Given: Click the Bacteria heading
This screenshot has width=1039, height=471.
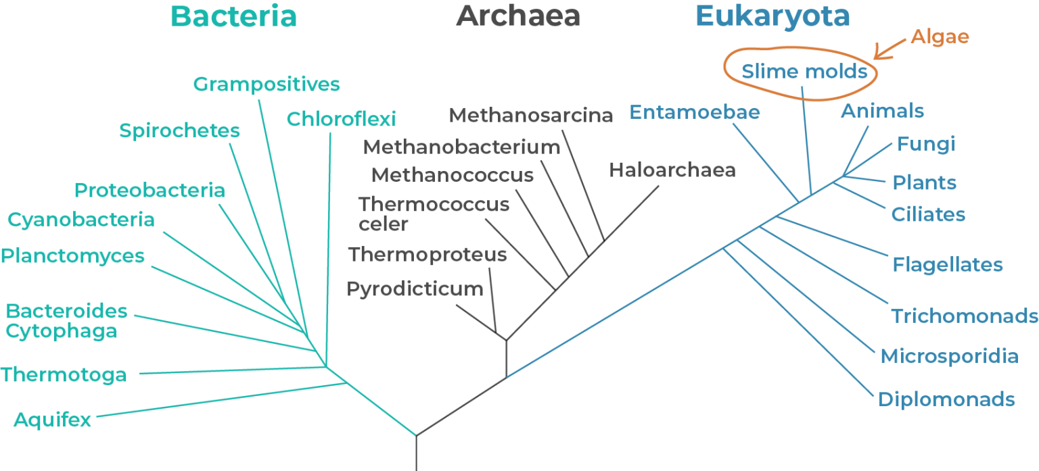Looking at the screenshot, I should point(233,17).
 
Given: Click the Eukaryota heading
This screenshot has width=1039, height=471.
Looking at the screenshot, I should point(772,17).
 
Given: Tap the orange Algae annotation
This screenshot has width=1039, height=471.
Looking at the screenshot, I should point(940,36).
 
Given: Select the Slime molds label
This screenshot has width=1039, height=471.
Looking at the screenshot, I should point(804,72).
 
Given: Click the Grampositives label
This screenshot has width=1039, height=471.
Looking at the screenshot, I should point(266,84).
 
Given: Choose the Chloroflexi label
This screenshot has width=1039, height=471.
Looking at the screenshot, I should point(341,120).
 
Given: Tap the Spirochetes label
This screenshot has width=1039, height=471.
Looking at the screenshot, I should point(179,130).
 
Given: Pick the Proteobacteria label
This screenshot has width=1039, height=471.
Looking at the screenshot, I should point(149,191).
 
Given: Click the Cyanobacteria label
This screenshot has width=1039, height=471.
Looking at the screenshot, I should point(81,220).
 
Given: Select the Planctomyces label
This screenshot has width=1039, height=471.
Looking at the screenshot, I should point(73,256).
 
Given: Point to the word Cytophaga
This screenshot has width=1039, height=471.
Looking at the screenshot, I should point(62,331).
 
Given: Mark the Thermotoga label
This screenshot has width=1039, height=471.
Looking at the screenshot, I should point(64,375).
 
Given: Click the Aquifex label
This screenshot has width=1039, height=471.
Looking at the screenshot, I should point(52,420).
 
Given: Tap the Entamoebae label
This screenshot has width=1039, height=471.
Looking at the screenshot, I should point(695,112).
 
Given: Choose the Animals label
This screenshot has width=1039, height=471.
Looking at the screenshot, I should point(882,111).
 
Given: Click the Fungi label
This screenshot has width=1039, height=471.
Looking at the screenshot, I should point(926,144).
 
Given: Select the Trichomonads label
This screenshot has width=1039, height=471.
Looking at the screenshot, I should point(964,316).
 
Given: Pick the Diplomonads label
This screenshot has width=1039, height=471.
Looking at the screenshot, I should point(946,399).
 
